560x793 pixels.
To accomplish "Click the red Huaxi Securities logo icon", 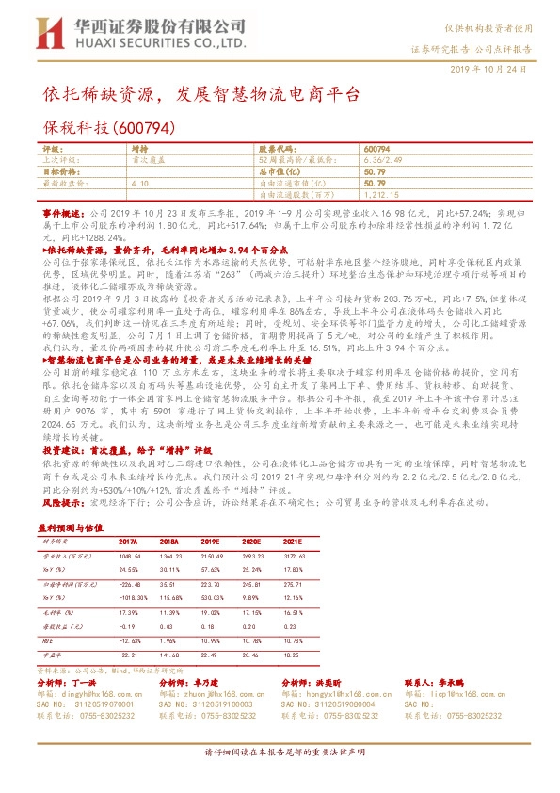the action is click(x=41, y=36).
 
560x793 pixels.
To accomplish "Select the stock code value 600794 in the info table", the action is click(x=376, y=150).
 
